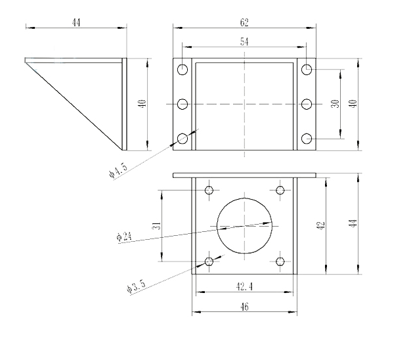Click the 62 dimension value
(244, 22)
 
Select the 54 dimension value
(244, 41)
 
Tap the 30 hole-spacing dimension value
(335, 104)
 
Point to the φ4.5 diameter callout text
(118, 170)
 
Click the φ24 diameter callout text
(124, 236)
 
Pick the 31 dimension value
(157, 225)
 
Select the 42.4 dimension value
(244, 286)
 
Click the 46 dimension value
(244, 307)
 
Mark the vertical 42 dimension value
(321, 225)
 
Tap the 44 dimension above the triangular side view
(76, 22)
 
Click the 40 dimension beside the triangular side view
(142, 104)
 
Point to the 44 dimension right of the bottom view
(353, 223)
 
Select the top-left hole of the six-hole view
(183, 70)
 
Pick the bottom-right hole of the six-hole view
(307, 139)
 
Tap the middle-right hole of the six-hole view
(307, 104)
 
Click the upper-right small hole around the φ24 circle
(280, 190)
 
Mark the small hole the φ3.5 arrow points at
(209, 261)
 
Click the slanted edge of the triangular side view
(74, 106)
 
